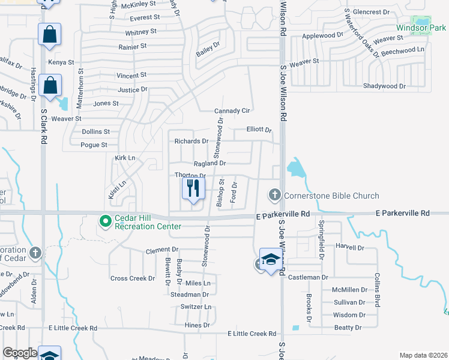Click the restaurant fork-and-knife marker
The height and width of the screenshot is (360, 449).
pos(193,189)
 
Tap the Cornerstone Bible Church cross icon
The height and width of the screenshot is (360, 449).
pos(274,195)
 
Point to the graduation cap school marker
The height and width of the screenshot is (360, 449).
pos(270,260)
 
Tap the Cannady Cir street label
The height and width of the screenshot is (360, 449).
pos(232,111)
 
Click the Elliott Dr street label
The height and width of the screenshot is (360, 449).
pos(259,130)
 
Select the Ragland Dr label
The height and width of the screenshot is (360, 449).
pos(209,163)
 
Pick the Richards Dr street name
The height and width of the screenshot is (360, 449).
pos(191,142)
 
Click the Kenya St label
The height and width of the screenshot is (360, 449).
pos(61,62)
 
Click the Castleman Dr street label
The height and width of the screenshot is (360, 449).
pos(309,277)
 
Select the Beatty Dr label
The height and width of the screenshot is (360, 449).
pos(348,328)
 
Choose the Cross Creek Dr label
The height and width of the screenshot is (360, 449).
pos(133,278)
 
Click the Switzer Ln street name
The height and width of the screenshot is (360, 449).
pos(196,307)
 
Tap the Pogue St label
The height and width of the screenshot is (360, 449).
pos(94,145)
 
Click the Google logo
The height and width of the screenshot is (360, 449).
pos(20,353)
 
